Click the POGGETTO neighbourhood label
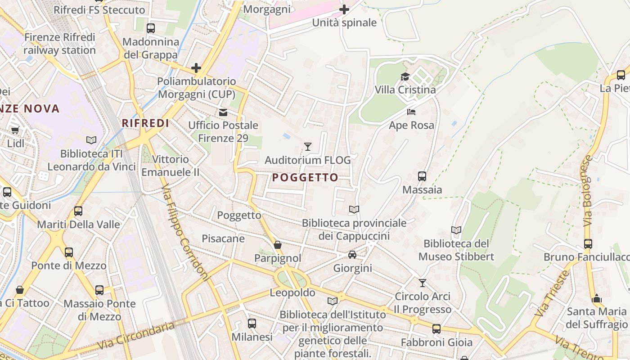click(x=305, y=178)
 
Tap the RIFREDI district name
click(x=145, y=123)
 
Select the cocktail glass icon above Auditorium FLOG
click(x=308, y=146)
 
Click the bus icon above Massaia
click(x=422, y=176)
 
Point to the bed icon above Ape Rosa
click(x=411, y=112)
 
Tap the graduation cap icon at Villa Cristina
click(x=405, y=76)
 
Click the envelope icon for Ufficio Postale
click(x=223, y=112)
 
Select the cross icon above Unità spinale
click(x=344, y=9)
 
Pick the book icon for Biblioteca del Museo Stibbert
click(x=456, y=230)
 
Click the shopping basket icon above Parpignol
click(x=278, y=245)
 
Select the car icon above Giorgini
click(x=352, y=255)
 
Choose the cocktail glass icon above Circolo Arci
click(x=422, y=283)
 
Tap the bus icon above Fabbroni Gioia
click(x=436, y=329)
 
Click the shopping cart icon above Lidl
click(x=15, y=130)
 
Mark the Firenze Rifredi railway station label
click(x=60, y=43)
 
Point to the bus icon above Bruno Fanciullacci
click(x=588, y=244)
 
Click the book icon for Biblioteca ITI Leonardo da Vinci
click(x=91, y=140)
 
